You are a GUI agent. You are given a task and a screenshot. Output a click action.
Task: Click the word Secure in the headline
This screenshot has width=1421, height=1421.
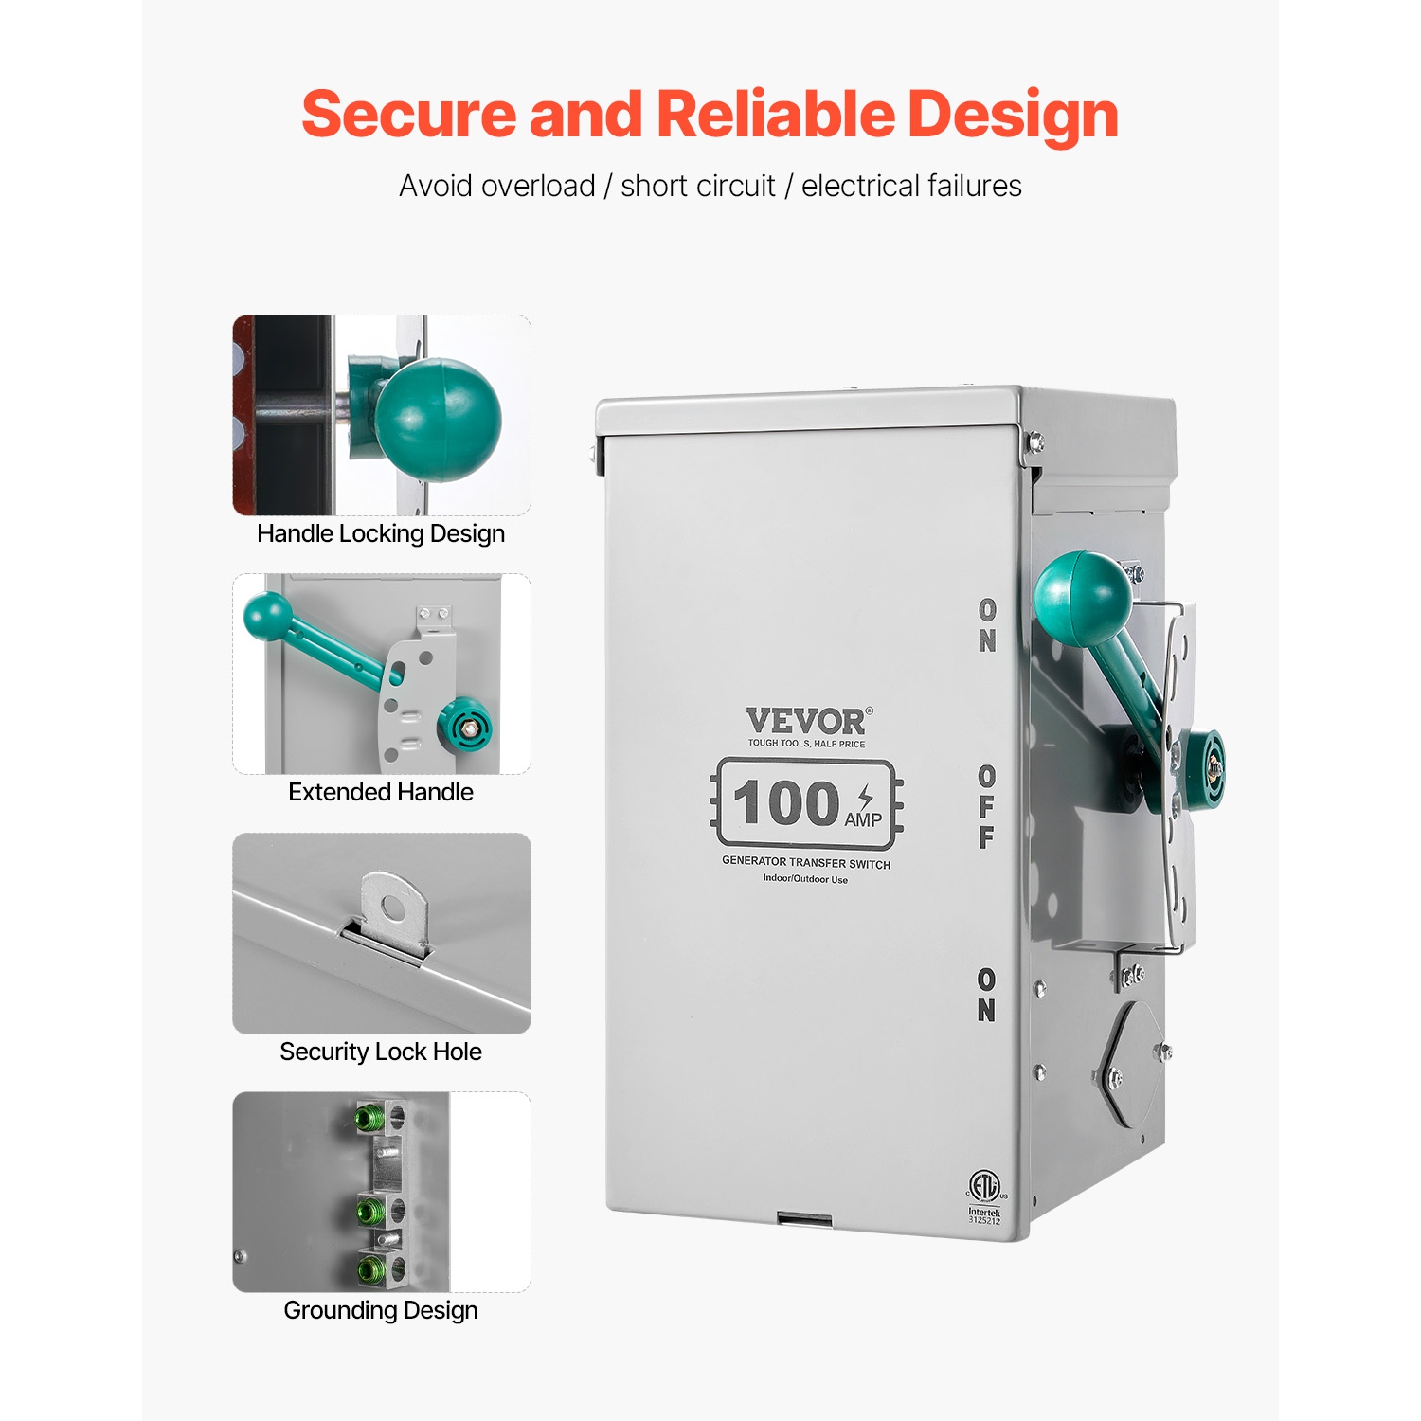[408, 115]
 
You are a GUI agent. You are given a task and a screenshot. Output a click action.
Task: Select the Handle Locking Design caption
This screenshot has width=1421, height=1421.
[381, 533]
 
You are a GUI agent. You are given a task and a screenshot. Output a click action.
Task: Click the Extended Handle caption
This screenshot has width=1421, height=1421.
[381, 792]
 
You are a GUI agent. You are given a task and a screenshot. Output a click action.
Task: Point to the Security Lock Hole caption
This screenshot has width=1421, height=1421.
[381, 1052]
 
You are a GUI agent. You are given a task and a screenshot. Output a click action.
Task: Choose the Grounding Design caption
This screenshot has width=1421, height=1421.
[381, 1310]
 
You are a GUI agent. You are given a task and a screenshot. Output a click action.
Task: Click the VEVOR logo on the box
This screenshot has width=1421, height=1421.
[806, 722]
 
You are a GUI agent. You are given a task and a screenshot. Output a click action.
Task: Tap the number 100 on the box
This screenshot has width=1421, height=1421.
[786, 802]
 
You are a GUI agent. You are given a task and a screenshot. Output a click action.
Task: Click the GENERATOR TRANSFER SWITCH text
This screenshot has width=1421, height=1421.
[806, 863]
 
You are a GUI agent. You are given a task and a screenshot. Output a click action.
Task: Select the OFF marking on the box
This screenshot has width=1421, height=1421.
[987, 806]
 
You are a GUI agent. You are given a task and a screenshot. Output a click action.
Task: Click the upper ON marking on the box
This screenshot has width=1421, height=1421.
[987, 625]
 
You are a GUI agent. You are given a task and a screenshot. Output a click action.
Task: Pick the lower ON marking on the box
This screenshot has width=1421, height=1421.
[987, 995]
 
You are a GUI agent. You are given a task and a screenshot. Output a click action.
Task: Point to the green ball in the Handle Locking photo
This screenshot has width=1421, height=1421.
[438, 420]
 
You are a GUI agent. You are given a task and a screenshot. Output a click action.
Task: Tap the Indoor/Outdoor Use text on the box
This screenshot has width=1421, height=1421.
[806, 879]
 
